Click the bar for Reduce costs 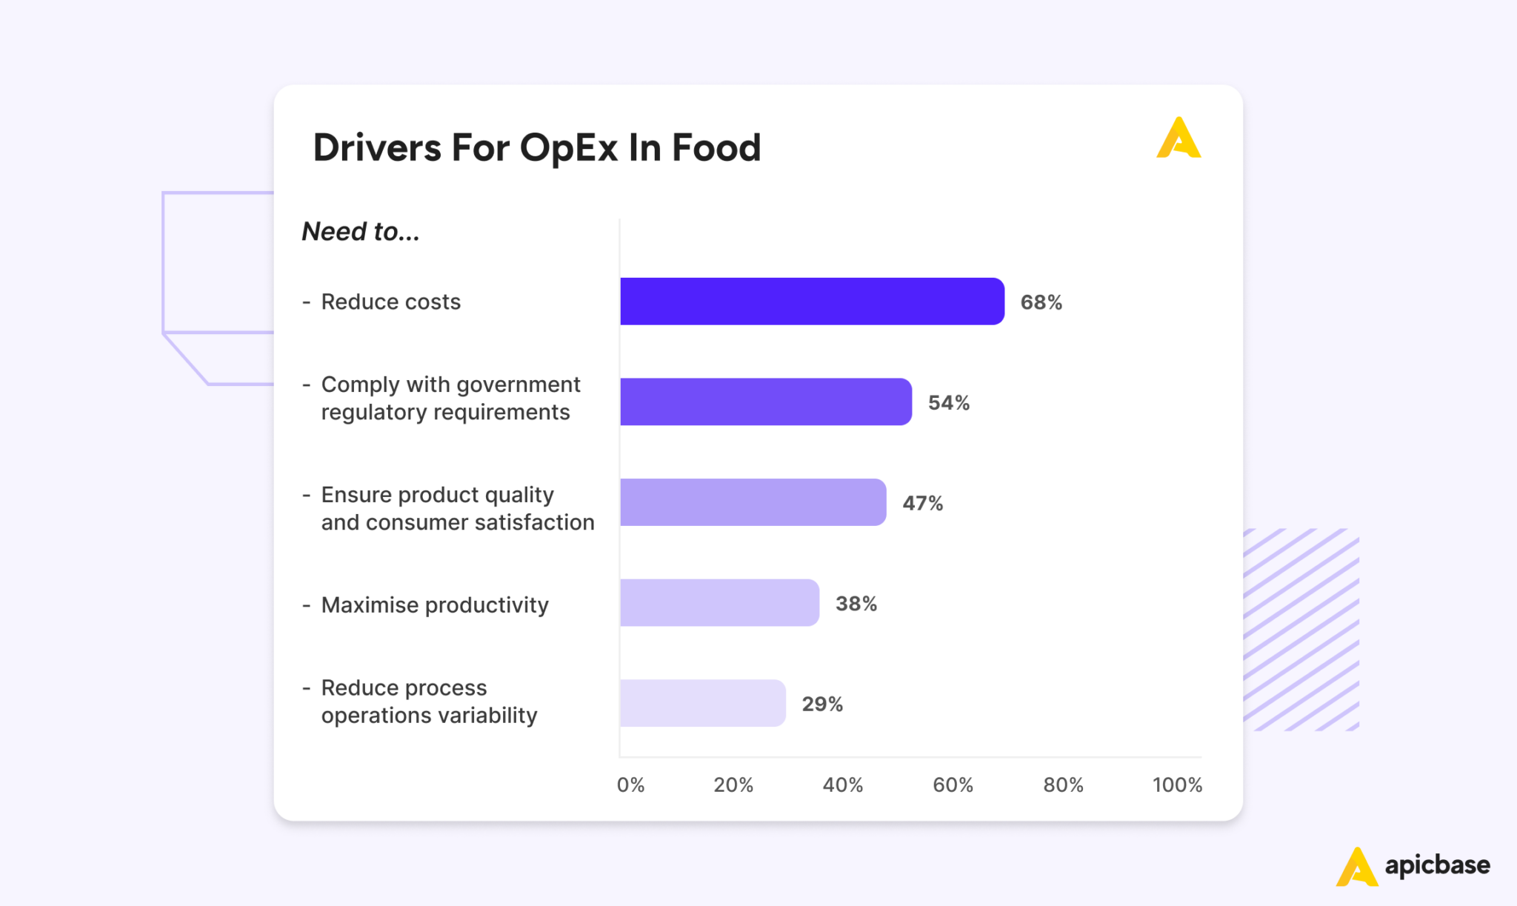coord(812,302)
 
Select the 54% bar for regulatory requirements coord(765,402)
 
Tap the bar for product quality coord(753,502)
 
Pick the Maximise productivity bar coord(719,603)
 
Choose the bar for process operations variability coord(702,703)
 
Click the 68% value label coord(1041,302)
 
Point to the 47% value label coord(922,504)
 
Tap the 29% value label coord(822,705)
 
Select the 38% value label coord(856,604)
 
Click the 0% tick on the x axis coord(630,785)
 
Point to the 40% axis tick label coord(842,785)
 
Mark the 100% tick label coord(1176,785)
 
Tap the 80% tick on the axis coord(1063,785)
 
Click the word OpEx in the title coord(568,148)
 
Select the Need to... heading coord(361,232)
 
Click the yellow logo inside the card coord(1178,139)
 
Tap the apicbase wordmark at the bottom coord(1437,865)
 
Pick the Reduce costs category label coord(390,302)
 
